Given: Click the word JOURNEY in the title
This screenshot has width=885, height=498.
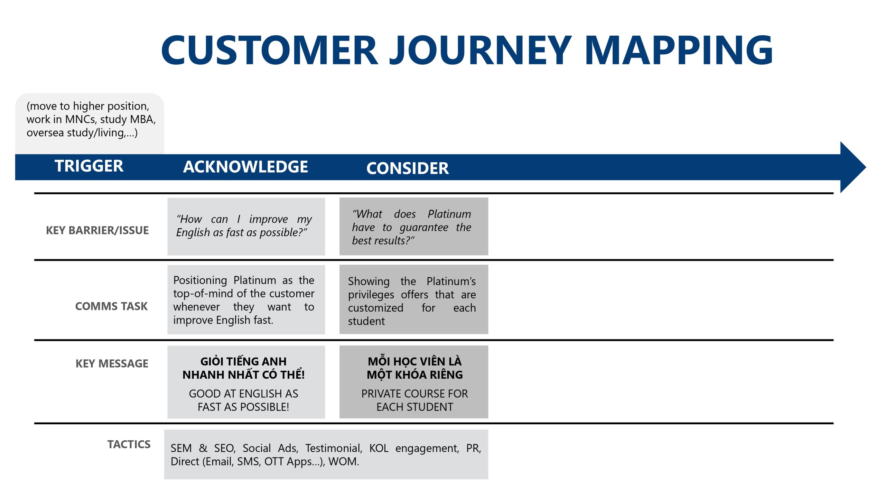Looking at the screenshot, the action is coord(481,50).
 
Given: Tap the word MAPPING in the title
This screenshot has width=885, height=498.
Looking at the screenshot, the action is coord(679,50).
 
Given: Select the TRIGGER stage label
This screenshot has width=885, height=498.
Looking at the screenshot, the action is coord(89,166).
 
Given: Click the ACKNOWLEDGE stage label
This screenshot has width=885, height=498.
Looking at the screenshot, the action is coord(245,167).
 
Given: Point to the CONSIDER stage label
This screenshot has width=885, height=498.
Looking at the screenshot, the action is coord(408,168).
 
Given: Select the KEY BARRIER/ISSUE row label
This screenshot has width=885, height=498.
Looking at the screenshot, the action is coord(97,230).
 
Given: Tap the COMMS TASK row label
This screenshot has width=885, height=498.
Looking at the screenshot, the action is coord(111,306).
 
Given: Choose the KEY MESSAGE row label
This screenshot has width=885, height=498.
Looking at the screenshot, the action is coord(112,363).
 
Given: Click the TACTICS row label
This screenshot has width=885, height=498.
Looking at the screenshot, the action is coord(129,444).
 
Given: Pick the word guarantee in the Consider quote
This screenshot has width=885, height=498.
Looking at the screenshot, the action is coord(424,228).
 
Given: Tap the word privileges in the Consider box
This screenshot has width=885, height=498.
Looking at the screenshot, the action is coord(371,295).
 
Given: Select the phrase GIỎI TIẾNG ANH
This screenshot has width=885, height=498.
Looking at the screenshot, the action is coord(243,361).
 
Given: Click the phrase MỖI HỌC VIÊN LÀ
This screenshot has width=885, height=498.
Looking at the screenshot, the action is coord(414,361).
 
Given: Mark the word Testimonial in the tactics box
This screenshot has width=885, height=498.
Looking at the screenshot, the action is coord(334,448).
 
